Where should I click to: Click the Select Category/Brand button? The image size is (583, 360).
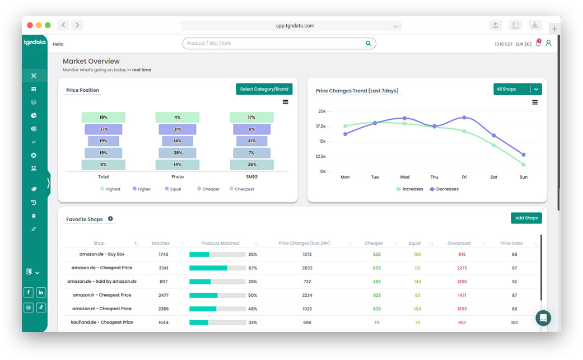[x=264, y=89]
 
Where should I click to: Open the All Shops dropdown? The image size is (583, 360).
[x=517, y=89]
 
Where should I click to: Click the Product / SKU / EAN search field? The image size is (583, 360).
[x=278, y=44]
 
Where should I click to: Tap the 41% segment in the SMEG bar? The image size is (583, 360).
[x=251, y=141]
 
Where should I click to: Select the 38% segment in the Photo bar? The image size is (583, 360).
[x=178, y=153]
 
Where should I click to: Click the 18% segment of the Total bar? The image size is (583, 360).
[x=103, y=118]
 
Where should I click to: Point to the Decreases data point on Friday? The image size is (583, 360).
[x=464, y=118]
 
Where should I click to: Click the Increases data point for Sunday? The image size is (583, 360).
[x=524, y=165]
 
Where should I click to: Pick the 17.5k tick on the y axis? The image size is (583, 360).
[x=320, y=127]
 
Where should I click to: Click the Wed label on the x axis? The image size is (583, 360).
[x=404, y=177]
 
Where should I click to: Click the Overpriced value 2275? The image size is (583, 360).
[x=462, y=268]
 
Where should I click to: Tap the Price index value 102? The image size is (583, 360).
[x=514, y=322]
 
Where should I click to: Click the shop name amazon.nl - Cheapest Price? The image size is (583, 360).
[x=102, y=309]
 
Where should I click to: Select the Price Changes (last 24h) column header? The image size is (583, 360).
[x=304, y=244]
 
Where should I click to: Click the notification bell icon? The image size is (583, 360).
[x=538, y=43]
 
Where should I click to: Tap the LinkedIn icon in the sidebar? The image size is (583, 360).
[x=41, y=293]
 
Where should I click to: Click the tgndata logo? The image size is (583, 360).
[x=35, y=43]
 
